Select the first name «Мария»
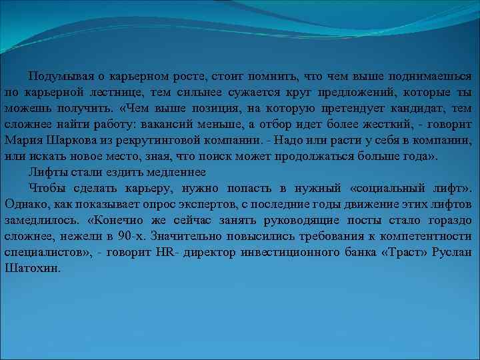click(25, 141)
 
